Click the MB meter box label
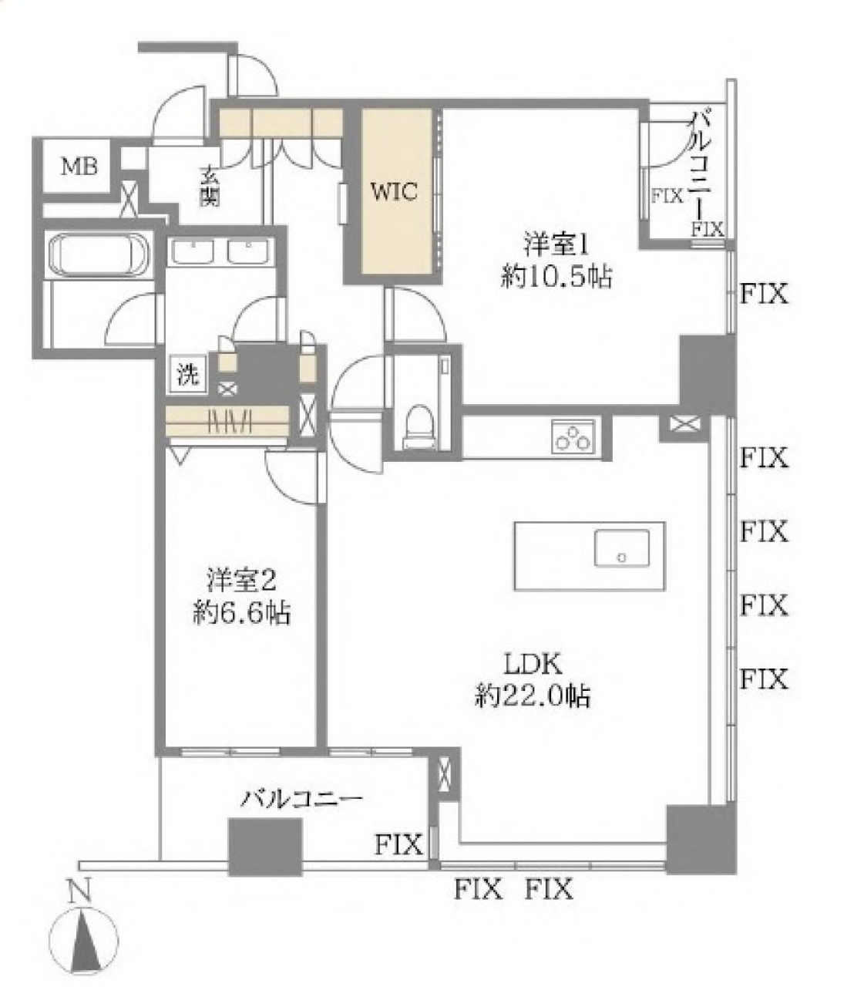[x=79, y=167]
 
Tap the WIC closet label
[x=394, y=191]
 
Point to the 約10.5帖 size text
[x=556, y=278]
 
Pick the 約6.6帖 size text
[x=241, y=614]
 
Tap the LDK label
[x=533, y=664]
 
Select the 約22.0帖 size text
[x=533, y=696]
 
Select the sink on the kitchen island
[x=622, y=547]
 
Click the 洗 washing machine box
[x=188, y=374]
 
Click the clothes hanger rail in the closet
[x=227, y=421]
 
